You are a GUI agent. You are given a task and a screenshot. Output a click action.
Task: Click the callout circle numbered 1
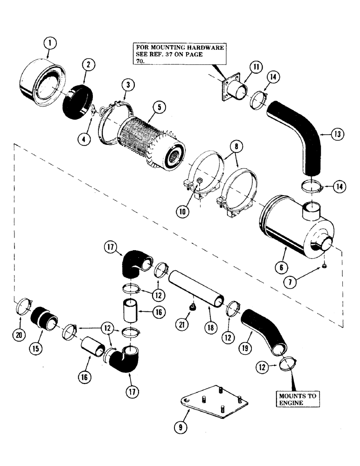(x=50, y=44)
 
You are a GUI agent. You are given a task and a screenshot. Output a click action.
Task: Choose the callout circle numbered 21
(x=177, y=323)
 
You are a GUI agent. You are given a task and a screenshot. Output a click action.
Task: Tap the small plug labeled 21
(x=192, y=308)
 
